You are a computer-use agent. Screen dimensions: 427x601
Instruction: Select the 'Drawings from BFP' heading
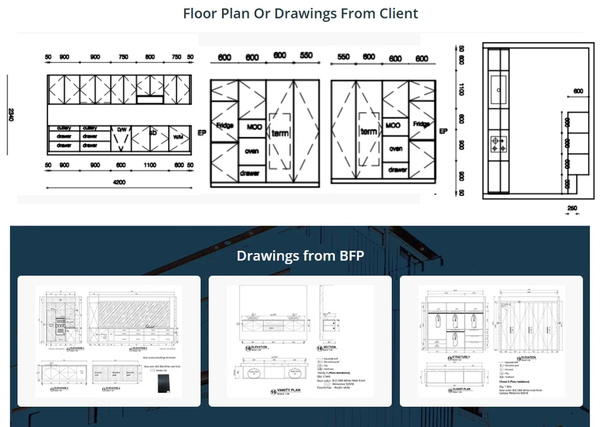click(300, 256)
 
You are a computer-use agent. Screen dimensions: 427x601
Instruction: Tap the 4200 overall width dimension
click(119, 182)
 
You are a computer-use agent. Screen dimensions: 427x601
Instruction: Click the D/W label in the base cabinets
click(121, 130)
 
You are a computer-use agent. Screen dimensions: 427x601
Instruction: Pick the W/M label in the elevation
click(178, 137)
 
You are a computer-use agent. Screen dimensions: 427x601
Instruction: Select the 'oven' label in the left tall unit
click(251, 151)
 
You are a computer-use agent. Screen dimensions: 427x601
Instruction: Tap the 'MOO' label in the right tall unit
click(393, 125)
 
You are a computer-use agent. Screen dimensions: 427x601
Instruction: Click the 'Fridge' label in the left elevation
click(225, 125)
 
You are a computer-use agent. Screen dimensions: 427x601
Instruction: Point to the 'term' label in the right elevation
click(368, 131)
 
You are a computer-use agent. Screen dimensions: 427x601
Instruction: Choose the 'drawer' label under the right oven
click(397, 169)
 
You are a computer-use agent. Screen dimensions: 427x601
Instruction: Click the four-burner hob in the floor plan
click(498, 144)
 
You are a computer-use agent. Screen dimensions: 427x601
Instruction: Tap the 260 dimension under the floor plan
click(571, 208)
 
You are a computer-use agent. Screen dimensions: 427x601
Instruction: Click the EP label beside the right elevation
click(444, 131)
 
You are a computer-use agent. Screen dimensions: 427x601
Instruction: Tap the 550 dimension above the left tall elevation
click(306, 56)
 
